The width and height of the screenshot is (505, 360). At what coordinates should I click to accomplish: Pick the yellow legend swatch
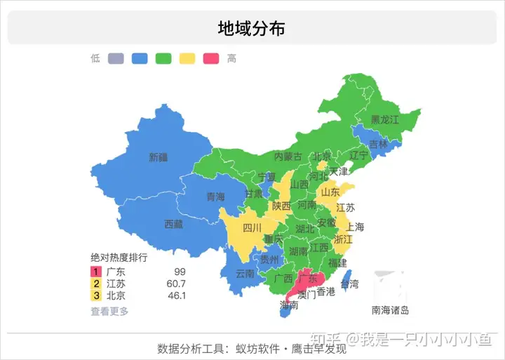188,59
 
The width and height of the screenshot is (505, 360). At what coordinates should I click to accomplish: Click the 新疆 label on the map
159,158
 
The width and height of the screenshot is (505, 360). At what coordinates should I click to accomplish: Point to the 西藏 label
173,225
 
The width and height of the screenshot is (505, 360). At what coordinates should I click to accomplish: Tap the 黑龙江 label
384,120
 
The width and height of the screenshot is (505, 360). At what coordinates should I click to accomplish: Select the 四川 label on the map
252,227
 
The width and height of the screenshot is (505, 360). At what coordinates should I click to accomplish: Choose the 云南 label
245,273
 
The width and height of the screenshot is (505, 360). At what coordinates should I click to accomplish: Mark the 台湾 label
349,284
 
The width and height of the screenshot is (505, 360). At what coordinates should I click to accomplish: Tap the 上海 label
355,227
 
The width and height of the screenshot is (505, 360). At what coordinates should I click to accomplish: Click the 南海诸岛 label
390,310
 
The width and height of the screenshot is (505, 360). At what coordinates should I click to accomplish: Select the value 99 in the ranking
180,272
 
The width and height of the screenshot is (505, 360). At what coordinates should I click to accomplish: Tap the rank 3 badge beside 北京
96,296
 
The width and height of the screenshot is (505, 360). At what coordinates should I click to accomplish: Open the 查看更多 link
109,311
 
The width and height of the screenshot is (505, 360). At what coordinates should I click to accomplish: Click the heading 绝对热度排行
119,258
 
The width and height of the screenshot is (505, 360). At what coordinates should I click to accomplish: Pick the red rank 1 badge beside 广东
96,272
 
